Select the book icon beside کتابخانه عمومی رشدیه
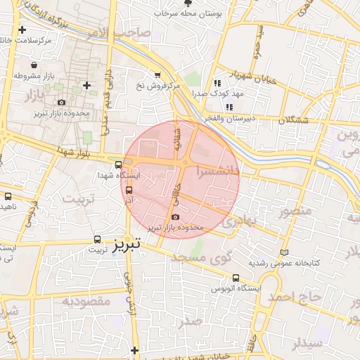pyautogui.click(x=284, y=252)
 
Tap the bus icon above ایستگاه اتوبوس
pyautogui.click(x=236, y=278)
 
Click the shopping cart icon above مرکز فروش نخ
pyautogui.click(x=157, y=75)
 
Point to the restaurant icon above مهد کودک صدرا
pyautogui.click(x=226, y=83)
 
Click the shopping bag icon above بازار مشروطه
pyautogui.click(x=34, y=65)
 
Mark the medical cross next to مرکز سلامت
pyautogui.click(x=22, y=30)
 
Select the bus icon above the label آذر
pyautogui.click(x=128, y=189)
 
